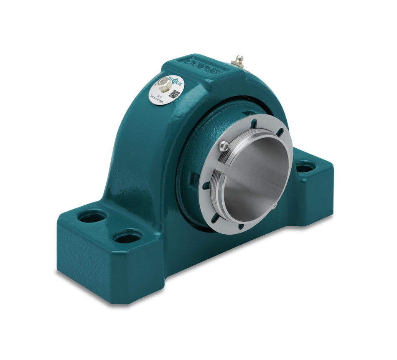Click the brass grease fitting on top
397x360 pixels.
[239, 61]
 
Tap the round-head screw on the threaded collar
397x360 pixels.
[224, 146]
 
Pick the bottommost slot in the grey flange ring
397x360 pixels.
[241, 226]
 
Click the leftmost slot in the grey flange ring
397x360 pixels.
[206, 185]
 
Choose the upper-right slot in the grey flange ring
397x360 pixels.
[280, 132]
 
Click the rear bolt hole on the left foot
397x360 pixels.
[92, 217]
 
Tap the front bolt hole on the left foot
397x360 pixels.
[127, 238]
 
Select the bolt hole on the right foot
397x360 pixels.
[305, 168]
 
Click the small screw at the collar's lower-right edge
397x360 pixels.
[274, 205]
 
